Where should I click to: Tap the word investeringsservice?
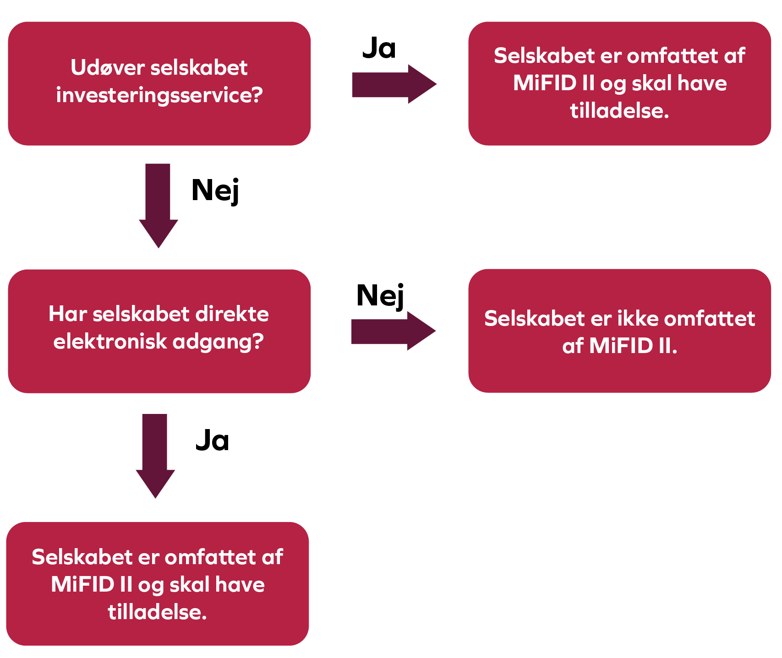pyautogui.click(x=159, y=95)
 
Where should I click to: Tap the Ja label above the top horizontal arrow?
pyautogui.click(x=379, y=48)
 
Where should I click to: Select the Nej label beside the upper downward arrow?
pyautogui.click(x=215, y=191)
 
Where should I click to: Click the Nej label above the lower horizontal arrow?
pyautogui.click(x=380, y=296)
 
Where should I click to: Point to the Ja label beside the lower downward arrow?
pyautogui.click(x=212, y=441)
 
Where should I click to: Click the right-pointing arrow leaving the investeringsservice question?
pyautogui.click(x=394, y=84)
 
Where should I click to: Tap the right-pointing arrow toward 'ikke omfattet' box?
pyautogui.click(x=393, y=331)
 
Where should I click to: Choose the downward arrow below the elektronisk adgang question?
pyautogui.click(x=155, y=455)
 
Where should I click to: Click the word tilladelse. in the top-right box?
pyautogui.click(x=619, y=111)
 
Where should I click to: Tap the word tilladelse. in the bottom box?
pyautogui.click(x=158, y=612)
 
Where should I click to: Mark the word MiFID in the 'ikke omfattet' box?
pyautogui.click(x=621, y=346)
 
